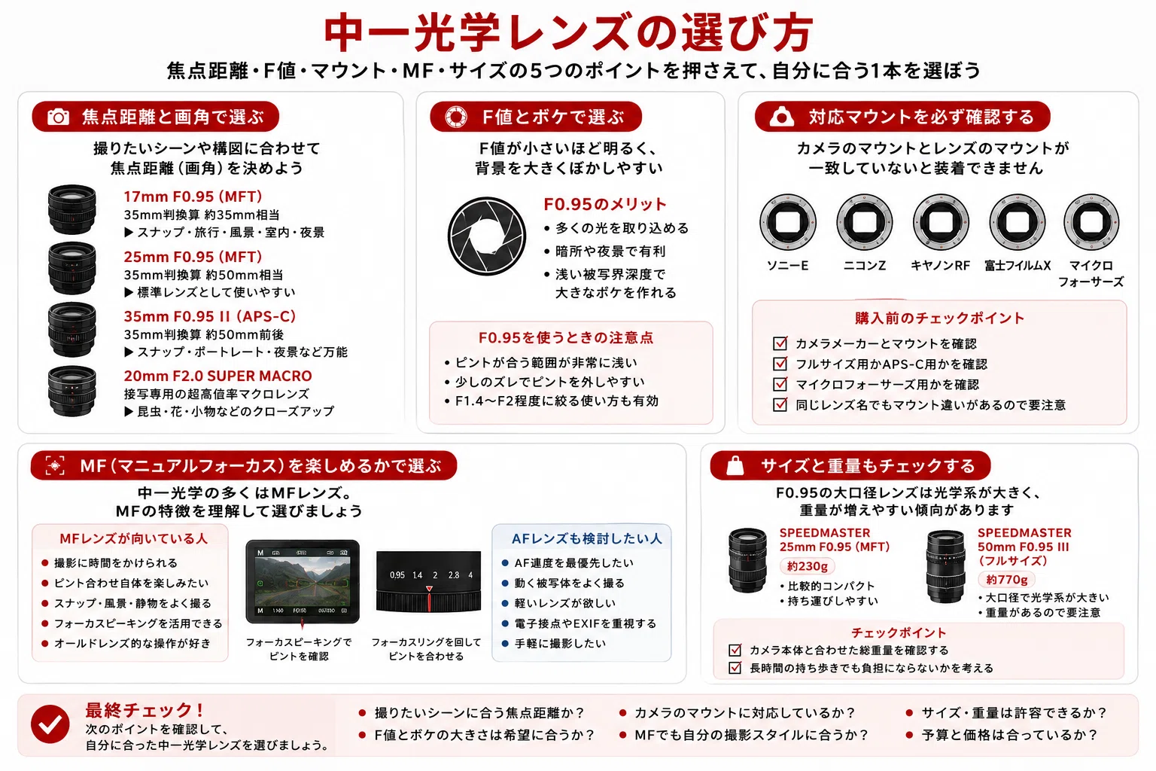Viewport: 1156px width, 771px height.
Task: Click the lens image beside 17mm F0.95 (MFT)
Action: pyautogui.click(x=71, y=209)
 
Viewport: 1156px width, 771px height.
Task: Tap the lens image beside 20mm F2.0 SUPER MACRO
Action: pyautogui.click(x=71, y=391)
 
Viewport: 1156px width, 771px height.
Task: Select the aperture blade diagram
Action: pyautogui.click(x=486, y=236)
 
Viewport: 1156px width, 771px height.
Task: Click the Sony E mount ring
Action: pyautogui.click(x=787, y=222)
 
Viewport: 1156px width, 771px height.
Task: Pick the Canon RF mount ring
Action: pyautogui.click(x=940, y=222)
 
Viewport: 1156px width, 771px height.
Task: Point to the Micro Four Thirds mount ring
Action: pyautogui.click(x=1091, y=222)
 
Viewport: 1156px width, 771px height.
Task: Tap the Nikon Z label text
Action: pyautogui.click(x=864, y=266)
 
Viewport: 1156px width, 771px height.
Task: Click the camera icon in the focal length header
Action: pyautogui.click(x=58, y=117)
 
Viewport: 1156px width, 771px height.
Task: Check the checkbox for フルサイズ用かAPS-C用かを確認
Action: pyautogui.click(x=780, y=364)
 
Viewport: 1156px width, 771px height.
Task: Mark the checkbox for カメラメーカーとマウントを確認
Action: pyautogui.click(x=780, y=343)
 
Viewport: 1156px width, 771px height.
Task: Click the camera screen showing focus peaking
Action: pyautogui.click(x=303, y=581)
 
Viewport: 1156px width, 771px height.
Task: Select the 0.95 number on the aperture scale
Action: pyautogui.click(x=397, y=574)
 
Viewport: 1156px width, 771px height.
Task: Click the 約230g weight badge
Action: pyautogui.click(x=807, y=566)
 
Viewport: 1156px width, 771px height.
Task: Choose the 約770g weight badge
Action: pyautogui.click(x=1006, y=580)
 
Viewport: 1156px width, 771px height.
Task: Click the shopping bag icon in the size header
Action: pyautogui.click(x=735, y=465)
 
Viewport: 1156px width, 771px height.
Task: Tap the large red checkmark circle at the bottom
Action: pyautogui.click(x=50, y=724)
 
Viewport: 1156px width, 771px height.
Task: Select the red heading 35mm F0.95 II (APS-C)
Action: pyautogui.click(x=209, y=316)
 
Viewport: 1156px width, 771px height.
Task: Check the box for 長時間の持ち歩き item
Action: pyautogui.click(x=735, y=668)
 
